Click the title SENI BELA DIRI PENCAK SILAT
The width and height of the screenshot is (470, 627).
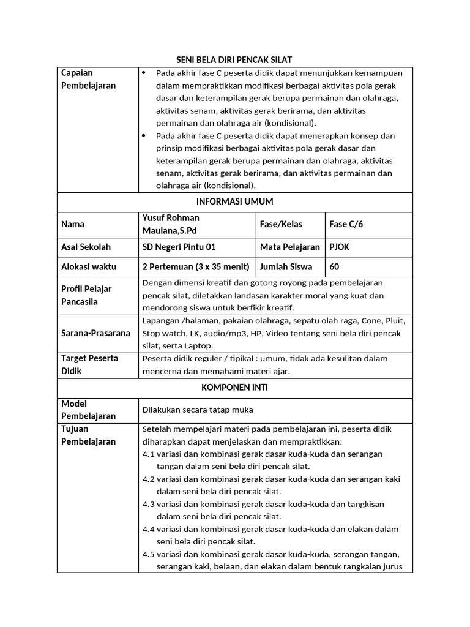click(234, 59)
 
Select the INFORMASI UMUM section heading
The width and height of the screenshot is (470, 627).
click(234, 201)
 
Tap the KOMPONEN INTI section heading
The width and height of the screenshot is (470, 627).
click(234, 388)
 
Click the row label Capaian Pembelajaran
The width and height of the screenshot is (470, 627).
click(89, 80)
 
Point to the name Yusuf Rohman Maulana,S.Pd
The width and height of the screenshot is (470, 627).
click(171, 224)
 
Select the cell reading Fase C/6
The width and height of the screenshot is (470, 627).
click(346, 224)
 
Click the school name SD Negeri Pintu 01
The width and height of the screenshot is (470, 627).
click(179, 247)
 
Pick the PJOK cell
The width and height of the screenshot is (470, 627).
click(339, 247)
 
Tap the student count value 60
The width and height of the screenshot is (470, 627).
click(334, 266)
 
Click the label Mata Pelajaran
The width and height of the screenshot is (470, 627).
click(289, 247)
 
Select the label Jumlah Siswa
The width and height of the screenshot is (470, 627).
click(286, 266)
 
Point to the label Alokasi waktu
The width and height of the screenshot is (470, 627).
click(89, 266)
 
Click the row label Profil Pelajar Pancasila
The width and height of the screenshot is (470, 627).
click(86, 295)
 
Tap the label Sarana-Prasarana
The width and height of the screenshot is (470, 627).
click(95, 333)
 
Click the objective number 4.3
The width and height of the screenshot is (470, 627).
click(148, 504)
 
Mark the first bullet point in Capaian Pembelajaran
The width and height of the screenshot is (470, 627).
click(144, 73)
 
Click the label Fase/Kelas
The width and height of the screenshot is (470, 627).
click(281, 224)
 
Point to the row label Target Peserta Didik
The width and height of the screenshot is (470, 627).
click(90, 364)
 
